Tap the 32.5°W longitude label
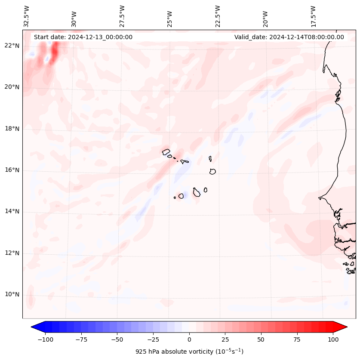point(27,16)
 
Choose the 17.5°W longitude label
point(314,16)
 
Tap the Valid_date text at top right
point(289,37)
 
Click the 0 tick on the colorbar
point(189,339)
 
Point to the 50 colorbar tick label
point(261,339)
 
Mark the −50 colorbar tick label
point(117,339)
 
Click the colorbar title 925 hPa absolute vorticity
point(189,352)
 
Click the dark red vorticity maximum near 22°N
point(55,51)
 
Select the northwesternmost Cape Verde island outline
point(166,151)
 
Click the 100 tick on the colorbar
point(333,339)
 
